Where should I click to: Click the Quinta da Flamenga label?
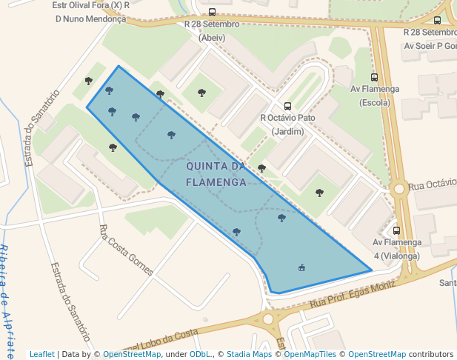pos(216,173)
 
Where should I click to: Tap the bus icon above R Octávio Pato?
pos(288,106)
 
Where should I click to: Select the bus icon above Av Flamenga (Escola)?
pos(374,77)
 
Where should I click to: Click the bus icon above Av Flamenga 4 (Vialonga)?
pos(396,230)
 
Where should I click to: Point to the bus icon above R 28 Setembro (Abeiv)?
pos(212,12)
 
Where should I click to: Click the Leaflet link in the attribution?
pos(42,354)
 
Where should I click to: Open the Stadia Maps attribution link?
pos(250,354)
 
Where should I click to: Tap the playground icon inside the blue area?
pos(301,267)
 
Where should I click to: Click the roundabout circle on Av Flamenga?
pos(399,189)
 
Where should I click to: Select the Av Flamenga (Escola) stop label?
pos(374,96)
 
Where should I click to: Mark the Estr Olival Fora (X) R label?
pos(91,4)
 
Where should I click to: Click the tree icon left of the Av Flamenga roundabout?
pos(319,193)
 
